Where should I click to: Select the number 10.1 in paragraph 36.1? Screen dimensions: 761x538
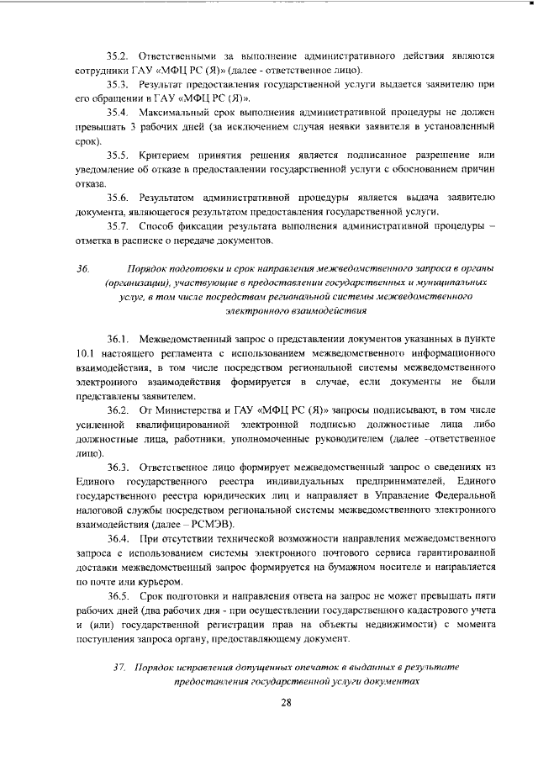pos(87,353)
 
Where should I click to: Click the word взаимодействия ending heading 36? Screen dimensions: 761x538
pos(325,310)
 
